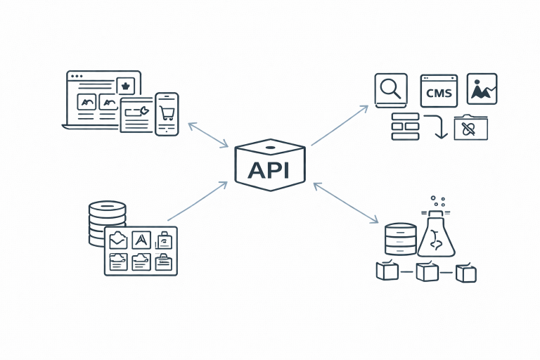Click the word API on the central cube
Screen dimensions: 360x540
point(270,170)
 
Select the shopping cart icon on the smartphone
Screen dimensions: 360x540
point(167,112)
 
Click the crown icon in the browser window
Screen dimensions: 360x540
point(126,85)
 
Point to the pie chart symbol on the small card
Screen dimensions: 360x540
point(143,110)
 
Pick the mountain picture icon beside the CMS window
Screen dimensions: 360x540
point(482,89)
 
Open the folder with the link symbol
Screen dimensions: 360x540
point(470,127)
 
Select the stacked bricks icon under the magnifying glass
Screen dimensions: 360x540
point(404,127)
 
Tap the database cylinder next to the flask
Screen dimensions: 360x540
point(401,239)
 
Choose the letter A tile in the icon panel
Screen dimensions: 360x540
point(141,240)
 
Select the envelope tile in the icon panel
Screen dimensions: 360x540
point(118,240)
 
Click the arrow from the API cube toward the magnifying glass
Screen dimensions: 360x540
point(340,125)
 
